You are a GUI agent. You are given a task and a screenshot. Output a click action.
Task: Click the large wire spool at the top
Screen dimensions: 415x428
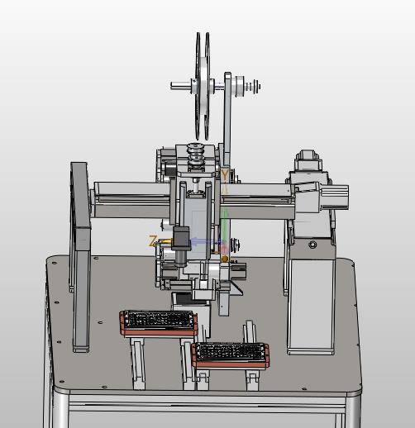pos(203,86)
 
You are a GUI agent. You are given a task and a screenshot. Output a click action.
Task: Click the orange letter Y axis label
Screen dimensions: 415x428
pos(225,175)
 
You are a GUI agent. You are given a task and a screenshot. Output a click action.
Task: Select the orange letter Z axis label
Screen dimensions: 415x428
pos(153,241)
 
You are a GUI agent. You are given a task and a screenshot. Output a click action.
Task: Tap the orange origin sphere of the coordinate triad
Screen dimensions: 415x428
pos(225,259)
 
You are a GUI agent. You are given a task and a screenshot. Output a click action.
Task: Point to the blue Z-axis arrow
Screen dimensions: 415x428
pos(206,242)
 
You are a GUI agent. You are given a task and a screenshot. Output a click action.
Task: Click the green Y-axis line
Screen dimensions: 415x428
pos(225,226)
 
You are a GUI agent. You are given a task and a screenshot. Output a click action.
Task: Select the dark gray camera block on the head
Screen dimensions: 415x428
pos(181,238)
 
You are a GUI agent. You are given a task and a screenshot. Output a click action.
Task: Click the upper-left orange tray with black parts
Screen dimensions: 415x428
pos(159,323)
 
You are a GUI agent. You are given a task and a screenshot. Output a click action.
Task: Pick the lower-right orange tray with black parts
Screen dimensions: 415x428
pos(231,355)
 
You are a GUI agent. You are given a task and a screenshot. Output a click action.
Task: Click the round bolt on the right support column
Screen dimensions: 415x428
pos(312,245)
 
